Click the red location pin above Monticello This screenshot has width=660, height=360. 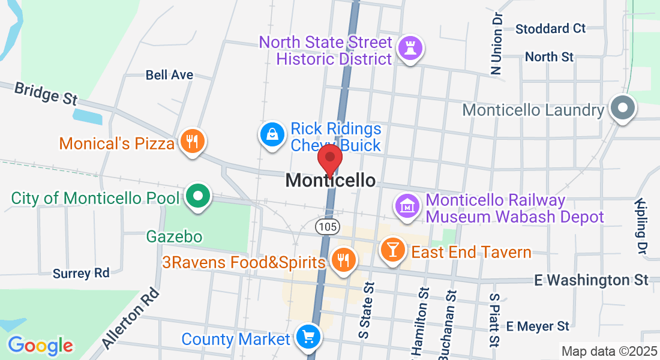tap(329, 158)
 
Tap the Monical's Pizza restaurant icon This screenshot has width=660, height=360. tap(192, 142)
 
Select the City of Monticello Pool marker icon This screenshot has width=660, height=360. tap(197, 196)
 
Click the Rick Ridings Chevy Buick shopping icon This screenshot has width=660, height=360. tap(272, 134)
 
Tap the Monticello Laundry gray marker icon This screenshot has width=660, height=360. tap(623, 109)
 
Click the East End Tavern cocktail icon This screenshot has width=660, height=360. tap(394, 249)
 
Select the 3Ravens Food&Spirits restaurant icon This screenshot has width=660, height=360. tap(343, 260)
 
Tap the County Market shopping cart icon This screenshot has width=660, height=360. tap(308, 337)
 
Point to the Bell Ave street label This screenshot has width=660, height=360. tap(170, 75)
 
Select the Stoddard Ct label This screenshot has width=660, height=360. tap(550, 28)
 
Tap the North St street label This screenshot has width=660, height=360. tap(549, 57)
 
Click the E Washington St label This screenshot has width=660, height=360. tap(592, 280)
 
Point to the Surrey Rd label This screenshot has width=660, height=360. tap(81, 274)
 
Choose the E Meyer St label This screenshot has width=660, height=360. tap(538, 326)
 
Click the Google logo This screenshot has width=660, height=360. tap(40, 346)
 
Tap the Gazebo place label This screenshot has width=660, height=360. tap(175, 237)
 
